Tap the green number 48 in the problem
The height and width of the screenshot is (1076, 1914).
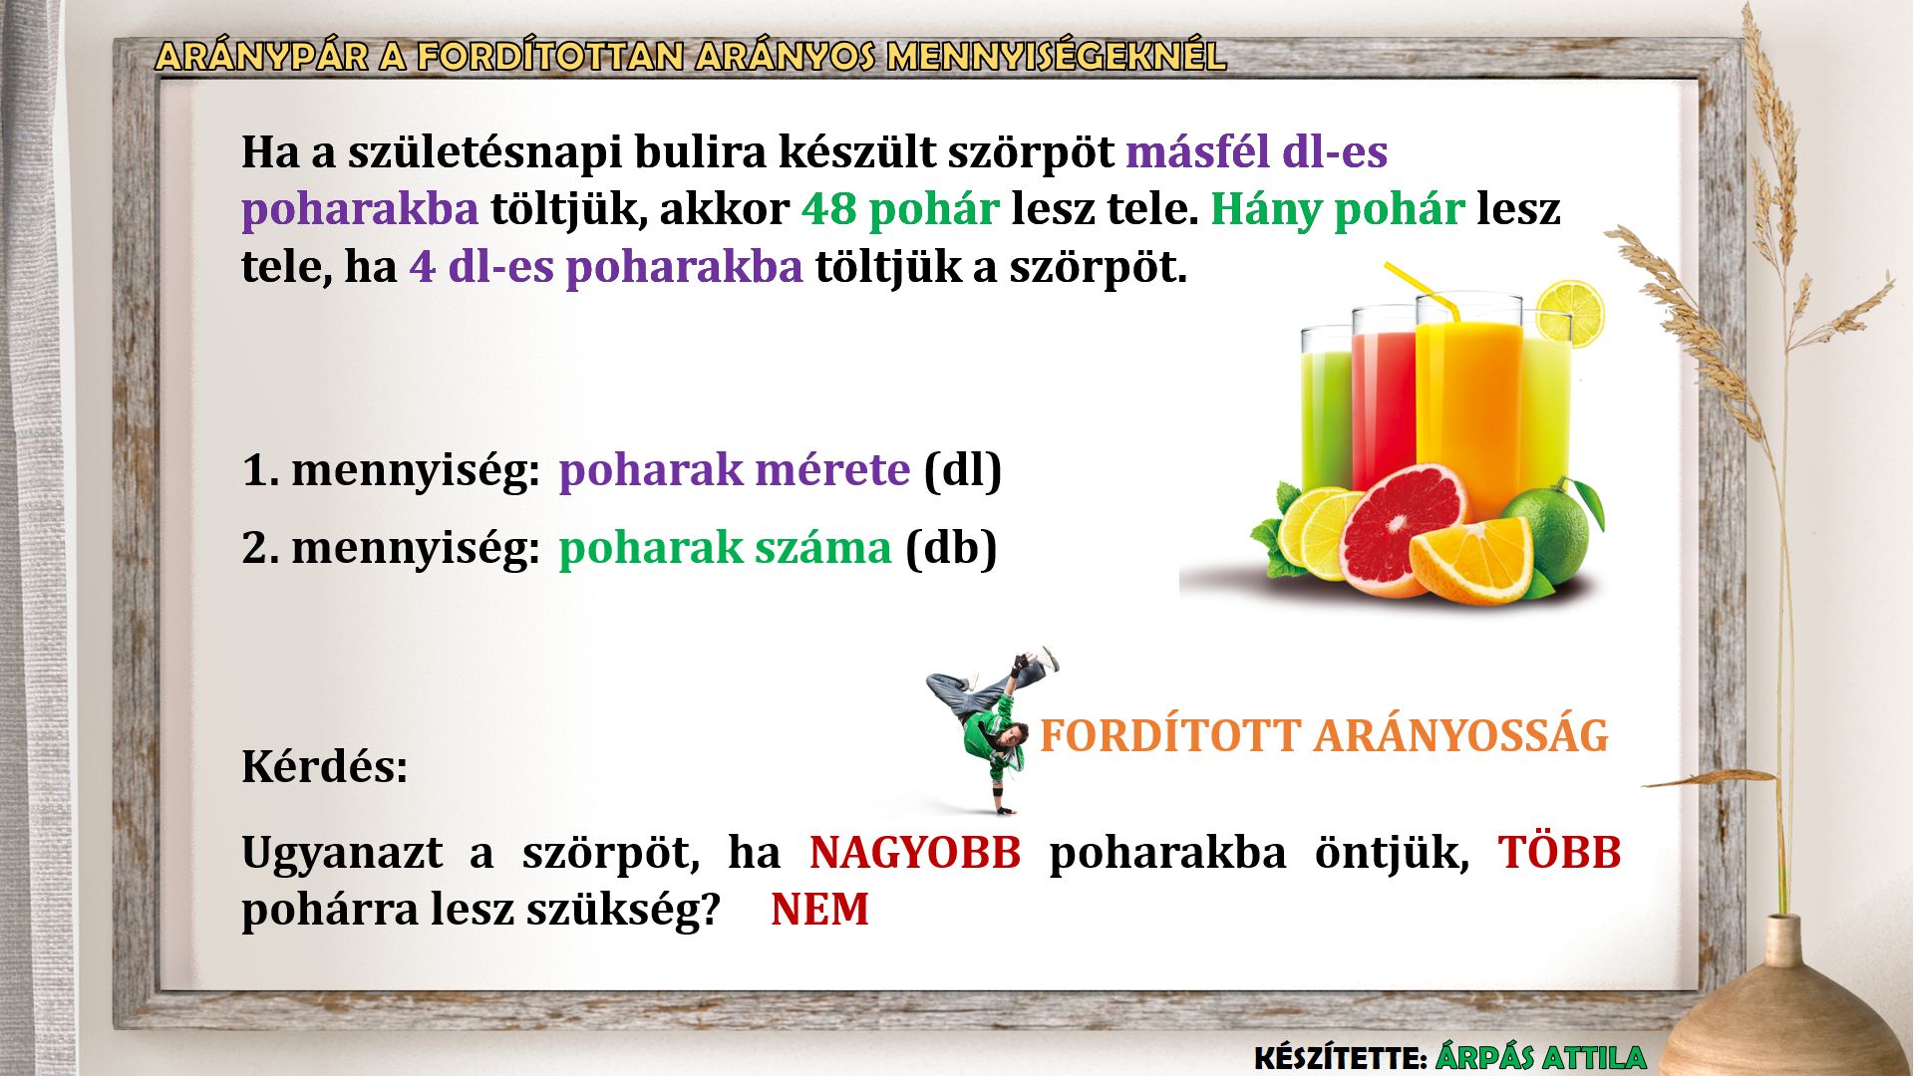[828, 209]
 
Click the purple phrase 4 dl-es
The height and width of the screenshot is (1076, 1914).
[480, 266]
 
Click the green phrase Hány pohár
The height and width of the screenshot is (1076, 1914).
[1337, 209]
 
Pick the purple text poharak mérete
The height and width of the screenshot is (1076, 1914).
[734, 469]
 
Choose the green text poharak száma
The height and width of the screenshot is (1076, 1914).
[725, 547]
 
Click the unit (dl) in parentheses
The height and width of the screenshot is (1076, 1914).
[963, 470]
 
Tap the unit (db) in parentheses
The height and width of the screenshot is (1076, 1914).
[951, 548]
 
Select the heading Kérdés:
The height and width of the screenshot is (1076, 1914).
[325, 767]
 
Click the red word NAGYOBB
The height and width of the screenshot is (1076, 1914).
[915, 853]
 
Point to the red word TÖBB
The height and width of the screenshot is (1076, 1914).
[1560, 852]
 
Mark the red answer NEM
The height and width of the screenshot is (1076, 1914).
[819, 910]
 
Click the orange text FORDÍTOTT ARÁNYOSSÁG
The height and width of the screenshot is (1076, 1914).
[1324, 735]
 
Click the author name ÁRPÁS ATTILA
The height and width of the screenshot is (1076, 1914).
[1540, 1057]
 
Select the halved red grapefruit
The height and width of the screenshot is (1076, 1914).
[1404, 531]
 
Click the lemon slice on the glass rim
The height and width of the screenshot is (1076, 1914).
[1570, 313]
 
